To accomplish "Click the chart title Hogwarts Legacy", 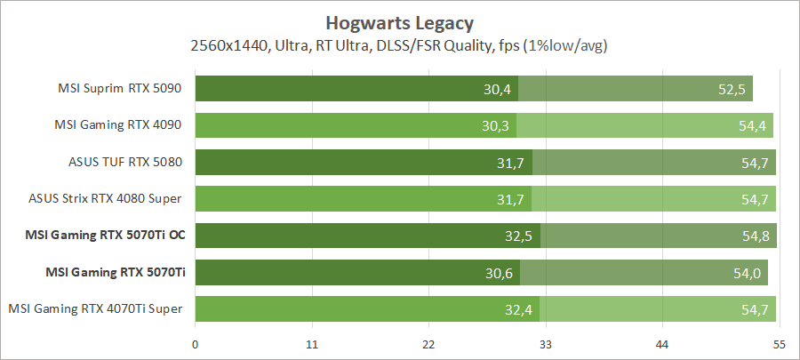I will click(399, 21).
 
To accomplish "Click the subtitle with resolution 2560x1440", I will click(399, 44).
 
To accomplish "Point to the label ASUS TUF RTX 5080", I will click(125, 162).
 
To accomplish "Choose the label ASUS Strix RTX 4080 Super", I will click(111, 198).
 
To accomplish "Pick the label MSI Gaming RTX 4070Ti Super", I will click(96, 308).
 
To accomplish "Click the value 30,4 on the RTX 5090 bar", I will click(497, 89).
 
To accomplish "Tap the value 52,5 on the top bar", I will click(732, 89).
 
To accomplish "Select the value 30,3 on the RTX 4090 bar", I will click(495, 125).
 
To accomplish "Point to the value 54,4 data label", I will click(752, 125).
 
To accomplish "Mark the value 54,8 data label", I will click(756, 236).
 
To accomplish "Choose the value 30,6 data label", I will click(499, 272).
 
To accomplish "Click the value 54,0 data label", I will click(747, 272).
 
